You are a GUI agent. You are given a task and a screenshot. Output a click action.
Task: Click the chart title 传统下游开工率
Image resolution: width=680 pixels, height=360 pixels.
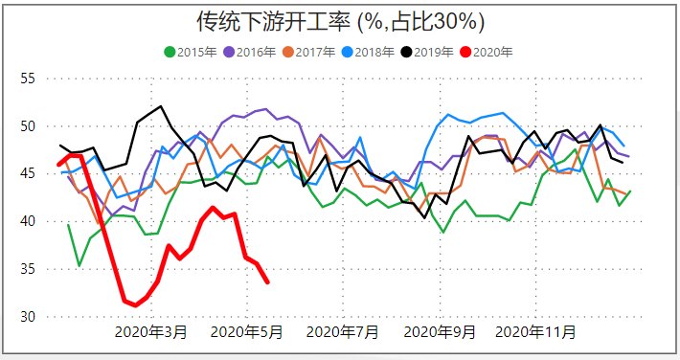pyautogui.click(x=340, y=22)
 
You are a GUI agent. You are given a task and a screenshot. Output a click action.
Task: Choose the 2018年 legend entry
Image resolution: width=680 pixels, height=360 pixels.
pyautogui.click(x=374, y=53)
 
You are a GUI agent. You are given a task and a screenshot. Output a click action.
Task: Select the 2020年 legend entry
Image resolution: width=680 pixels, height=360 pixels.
pyautogui.click(x=493, y=53)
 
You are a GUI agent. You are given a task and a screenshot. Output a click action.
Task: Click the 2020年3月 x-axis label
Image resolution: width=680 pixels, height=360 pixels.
pyautogui.click(x=151, y=332)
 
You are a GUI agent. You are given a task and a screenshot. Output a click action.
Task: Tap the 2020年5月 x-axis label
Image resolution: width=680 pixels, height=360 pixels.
pyautogui.click(x=246, y=332)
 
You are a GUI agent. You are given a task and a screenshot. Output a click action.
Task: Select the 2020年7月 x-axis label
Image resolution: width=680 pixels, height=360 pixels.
pyautogui.click(x=342, y=332)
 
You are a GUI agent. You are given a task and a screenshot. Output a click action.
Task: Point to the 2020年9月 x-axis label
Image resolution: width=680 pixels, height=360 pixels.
pyautogui.click(x=440, y=332)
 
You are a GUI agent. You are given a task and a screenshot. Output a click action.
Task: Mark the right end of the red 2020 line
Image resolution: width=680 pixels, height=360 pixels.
pyautogui.click(x=267, y=282)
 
